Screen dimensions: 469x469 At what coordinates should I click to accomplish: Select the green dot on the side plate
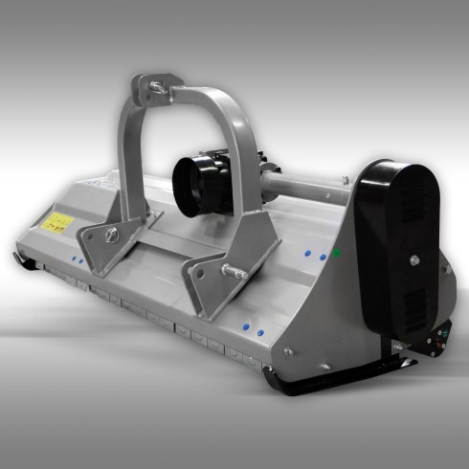pos(336,253)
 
